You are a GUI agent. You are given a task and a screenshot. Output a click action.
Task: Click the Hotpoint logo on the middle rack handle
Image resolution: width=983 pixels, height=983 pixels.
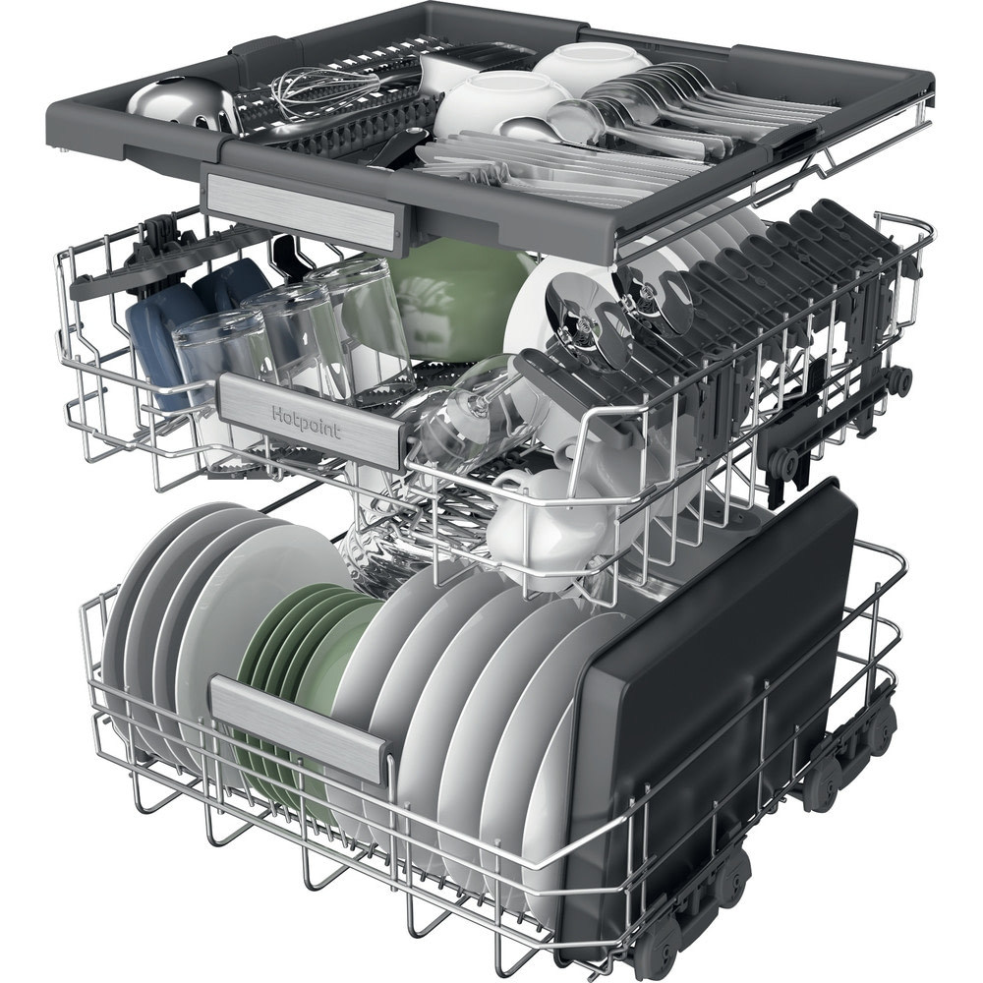(x=307, y=423)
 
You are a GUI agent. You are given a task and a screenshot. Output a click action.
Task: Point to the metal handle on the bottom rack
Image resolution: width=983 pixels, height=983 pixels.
(x=300, y=729)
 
